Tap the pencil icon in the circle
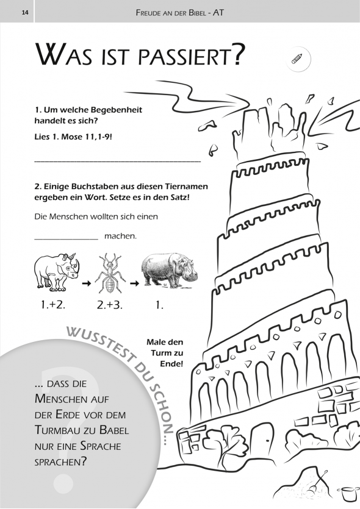[x=297, y=59]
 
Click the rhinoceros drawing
[x=57, y=272]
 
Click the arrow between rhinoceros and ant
[x=86, y=283]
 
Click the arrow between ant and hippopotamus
[x=134, y=283]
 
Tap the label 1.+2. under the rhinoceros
[x=53, y=305]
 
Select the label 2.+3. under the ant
[x=109, y=305]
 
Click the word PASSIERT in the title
[x=190, y=55]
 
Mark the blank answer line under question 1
[x=118, y=161]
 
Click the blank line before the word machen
[x=67, y=240]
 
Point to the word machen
[x=120, y=236]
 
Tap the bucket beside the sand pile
[x=346, y=494]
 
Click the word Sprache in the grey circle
[x=101, y=446]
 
